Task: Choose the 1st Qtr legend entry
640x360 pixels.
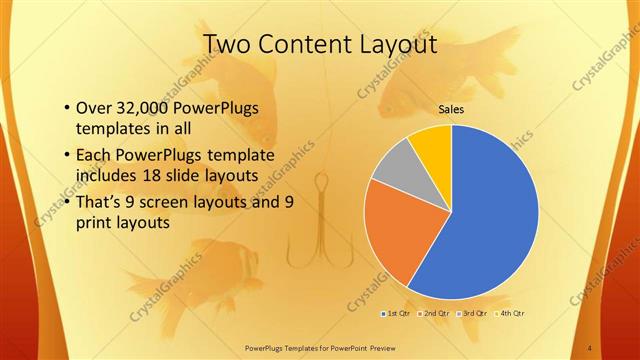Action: (397, 313)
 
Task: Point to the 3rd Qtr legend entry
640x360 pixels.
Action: (474, 313)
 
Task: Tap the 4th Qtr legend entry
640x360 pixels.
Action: (512, 313)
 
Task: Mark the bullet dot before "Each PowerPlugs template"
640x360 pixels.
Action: (66, 155)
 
